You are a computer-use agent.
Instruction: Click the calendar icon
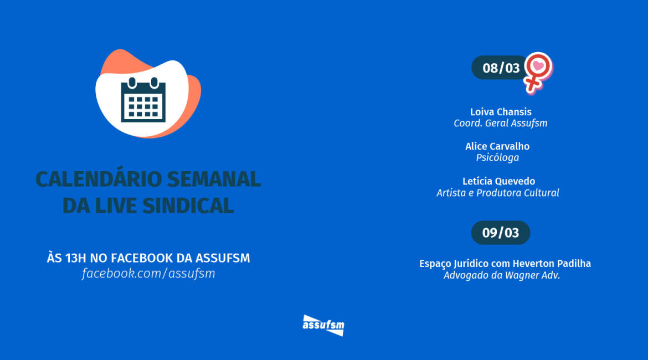tap(143, 100)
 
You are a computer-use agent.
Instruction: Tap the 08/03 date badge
tap(500, 68)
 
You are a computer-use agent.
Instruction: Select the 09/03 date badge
tap(501, 233)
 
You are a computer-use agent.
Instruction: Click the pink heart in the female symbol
tap(538, 65)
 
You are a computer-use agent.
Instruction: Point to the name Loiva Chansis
tap(501, 112)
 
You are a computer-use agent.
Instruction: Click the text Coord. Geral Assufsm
tap(501, 123)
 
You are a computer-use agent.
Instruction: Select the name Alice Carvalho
tap(497, 146)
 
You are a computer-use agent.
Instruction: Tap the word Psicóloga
tap(497, 158)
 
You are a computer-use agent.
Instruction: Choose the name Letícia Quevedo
tap(498, 182)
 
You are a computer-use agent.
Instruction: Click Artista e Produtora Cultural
tap(497, 193)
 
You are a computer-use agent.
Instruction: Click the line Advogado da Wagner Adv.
tap(502, 275)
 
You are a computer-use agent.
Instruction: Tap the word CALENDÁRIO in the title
tap(99, 179)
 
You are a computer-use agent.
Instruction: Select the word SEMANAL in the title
tap(214, 179)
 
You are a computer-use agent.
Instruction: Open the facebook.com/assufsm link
tap(148, 274)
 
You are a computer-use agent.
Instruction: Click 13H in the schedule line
tap(76, 258)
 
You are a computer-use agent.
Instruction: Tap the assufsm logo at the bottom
tap(323, 325)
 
